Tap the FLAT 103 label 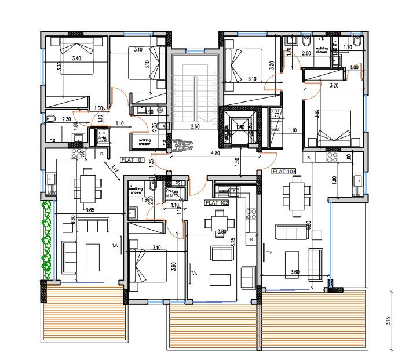click(x=283, y=172)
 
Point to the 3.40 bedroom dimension click(x=76, y=58)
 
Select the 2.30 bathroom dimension click(x=67, y=119)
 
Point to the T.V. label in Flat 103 click(x=268, y=253)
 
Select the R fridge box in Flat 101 click(x=102, y=154)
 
